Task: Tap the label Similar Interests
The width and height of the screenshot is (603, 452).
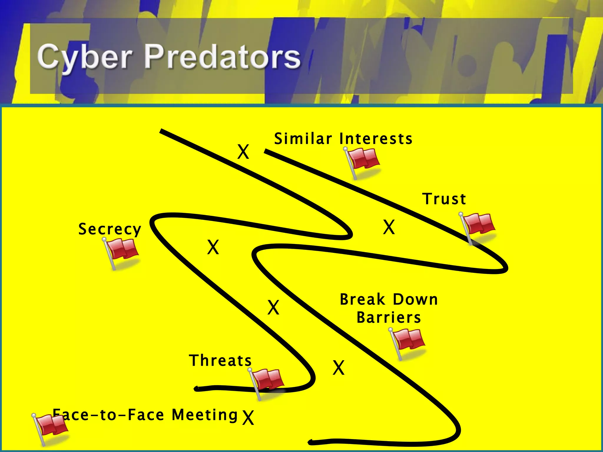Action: coord(343,139)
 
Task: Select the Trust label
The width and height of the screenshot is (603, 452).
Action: coord(444,199)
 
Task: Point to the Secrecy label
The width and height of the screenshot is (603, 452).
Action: coord(110,229)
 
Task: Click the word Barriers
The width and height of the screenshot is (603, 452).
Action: coord(389,318)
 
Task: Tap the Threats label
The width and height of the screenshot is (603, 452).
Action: coord(220,361)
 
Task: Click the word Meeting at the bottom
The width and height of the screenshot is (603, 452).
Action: coord(205,415)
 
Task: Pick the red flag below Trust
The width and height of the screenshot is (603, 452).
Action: coord(478,225)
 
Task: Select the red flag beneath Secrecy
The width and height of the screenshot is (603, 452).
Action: coord(122,251)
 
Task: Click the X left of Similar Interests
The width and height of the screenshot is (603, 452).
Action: coord(243,152)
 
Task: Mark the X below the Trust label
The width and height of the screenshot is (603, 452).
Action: coord(389,227)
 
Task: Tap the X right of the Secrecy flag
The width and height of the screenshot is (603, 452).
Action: coord(213,247)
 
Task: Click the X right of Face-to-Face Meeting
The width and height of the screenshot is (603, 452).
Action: coord(248,418)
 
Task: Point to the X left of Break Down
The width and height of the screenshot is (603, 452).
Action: coord(273,308)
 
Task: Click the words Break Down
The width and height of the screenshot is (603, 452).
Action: coord(389,300)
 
